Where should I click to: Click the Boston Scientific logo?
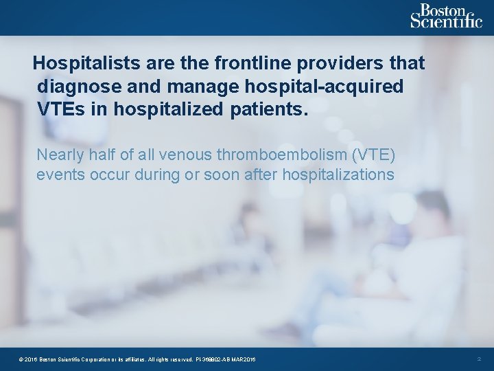click(x=446, y=16)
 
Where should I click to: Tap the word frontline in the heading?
click(x=252, y=63)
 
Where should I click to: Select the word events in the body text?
click(x=59, y=175)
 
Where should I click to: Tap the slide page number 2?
click(x=479, y=359)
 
